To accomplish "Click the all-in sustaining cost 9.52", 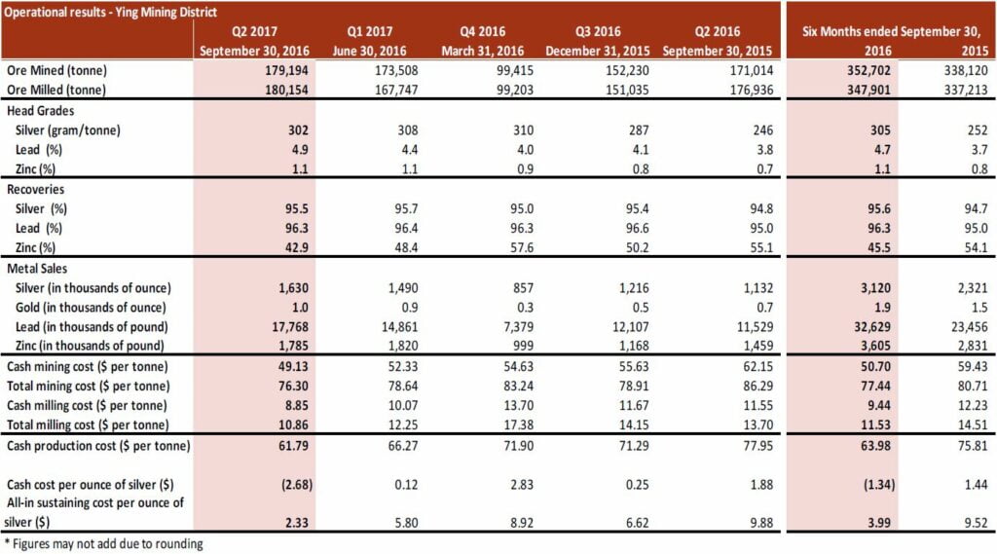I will (x=967, y=524).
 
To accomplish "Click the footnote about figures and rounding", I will (x=102, y=544).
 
